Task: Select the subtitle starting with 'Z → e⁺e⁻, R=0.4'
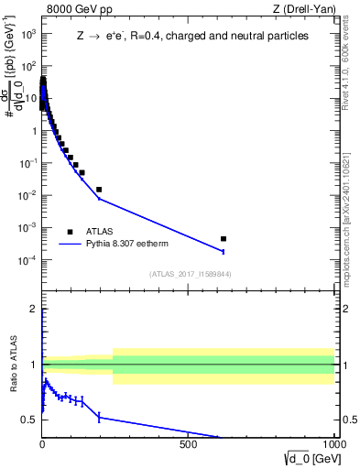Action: click(192, 36)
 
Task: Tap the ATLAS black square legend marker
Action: click(70, 232)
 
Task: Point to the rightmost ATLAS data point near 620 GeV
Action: click(224, 238)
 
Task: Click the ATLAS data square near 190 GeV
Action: click(99, 190)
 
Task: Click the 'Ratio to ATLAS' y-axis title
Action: click(14, 364)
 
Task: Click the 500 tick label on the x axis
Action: click(189, 444)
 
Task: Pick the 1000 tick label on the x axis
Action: click(333, 444)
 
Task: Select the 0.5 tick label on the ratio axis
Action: click(28, 420)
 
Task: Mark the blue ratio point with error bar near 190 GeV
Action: click(99, 417)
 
